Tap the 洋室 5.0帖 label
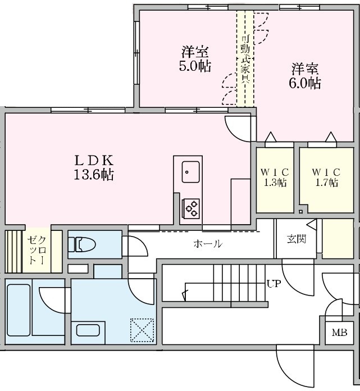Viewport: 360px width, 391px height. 195,59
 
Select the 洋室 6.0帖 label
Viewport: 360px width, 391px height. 306,76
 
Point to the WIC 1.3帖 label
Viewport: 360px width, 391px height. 275,177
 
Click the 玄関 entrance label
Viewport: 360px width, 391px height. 296,239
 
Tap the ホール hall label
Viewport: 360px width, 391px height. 207,244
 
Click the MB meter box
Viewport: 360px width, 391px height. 339,333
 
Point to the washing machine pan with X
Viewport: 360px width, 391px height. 142,330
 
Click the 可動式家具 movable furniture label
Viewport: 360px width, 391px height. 245,59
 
